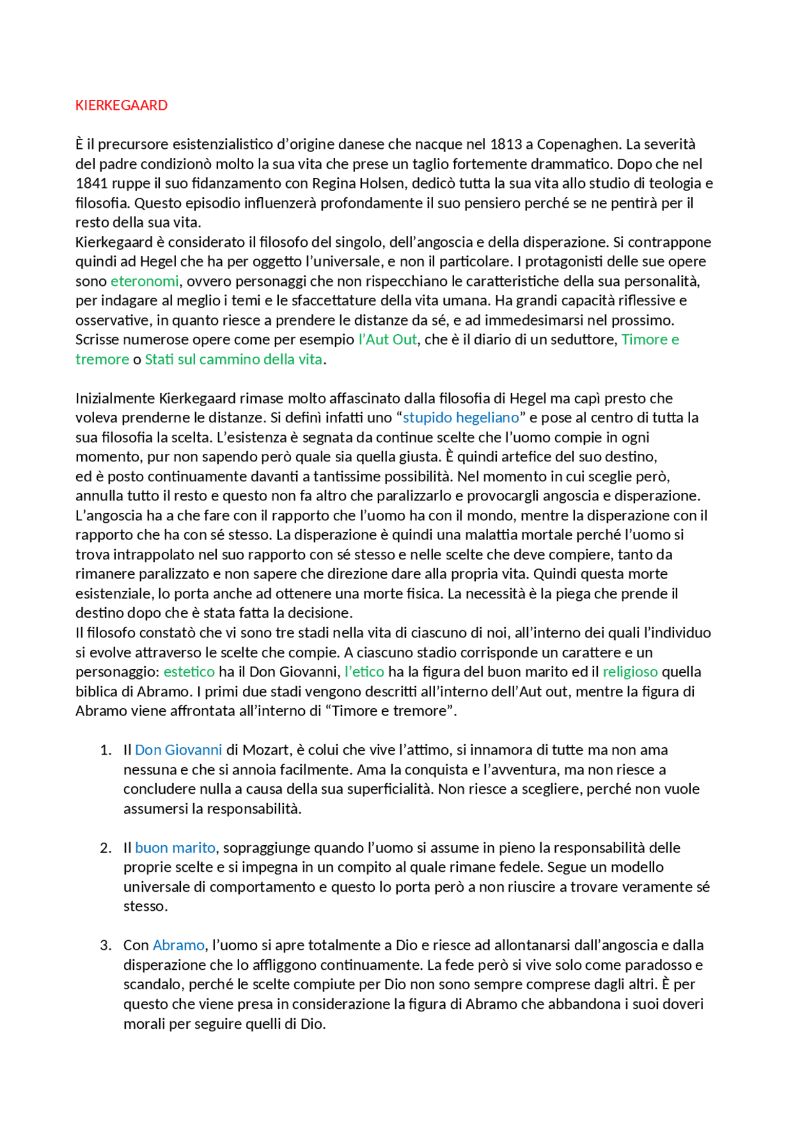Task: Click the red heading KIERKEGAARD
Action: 121,105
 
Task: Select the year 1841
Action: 92,184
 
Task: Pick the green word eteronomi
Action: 144,282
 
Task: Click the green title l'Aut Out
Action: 388,340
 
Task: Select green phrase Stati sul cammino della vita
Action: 234,360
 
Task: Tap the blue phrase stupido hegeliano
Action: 461,418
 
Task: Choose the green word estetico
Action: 189,672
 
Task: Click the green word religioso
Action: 630,672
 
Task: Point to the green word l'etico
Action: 364,672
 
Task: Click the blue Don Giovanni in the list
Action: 178,750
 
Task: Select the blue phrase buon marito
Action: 175,848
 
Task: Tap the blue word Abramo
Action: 178,946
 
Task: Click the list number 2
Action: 105,848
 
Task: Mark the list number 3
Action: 105,946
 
